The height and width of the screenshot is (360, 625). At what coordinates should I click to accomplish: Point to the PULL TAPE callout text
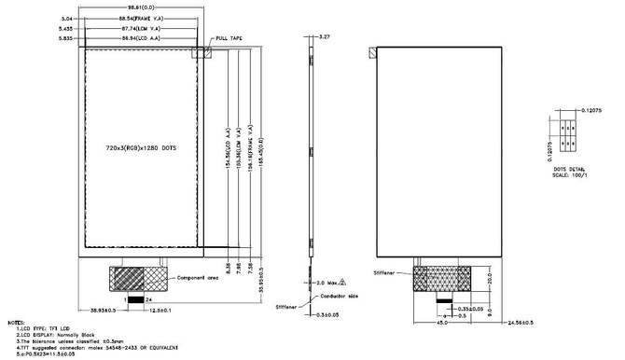[229, 38]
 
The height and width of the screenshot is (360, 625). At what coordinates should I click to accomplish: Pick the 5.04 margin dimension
[66, 19]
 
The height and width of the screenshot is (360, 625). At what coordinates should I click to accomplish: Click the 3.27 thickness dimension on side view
[325, 35]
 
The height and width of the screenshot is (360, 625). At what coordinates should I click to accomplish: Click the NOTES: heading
[17, 322]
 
